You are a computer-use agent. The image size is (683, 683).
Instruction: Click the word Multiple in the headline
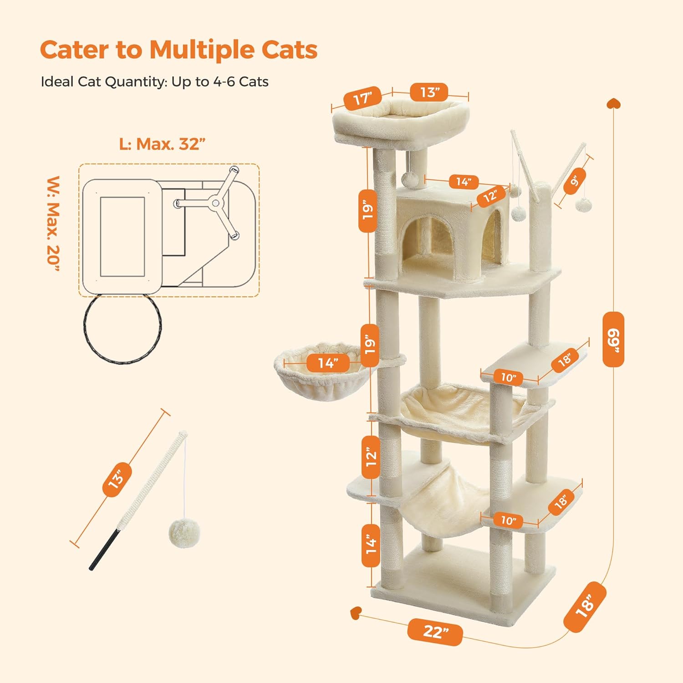202,50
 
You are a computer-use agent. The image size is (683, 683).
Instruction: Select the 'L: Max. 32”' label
162,144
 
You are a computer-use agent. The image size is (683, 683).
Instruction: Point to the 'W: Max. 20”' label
53,223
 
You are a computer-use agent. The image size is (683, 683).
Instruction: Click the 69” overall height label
613,339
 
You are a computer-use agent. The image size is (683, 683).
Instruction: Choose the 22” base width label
435,632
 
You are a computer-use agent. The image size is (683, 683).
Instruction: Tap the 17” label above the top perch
362,98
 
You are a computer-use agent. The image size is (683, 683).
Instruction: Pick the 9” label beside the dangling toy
575,181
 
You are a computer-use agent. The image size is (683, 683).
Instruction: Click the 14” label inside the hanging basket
327,363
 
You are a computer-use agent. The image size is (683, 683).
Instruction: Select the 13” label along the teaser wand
117,479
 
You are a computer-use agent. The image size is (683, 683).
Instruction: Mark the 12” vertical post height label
371,457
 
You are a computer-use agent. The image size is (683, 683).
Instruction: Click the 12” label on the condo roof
490,196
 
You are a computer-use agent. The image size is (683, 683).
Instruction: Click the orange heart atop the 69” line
613,104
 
